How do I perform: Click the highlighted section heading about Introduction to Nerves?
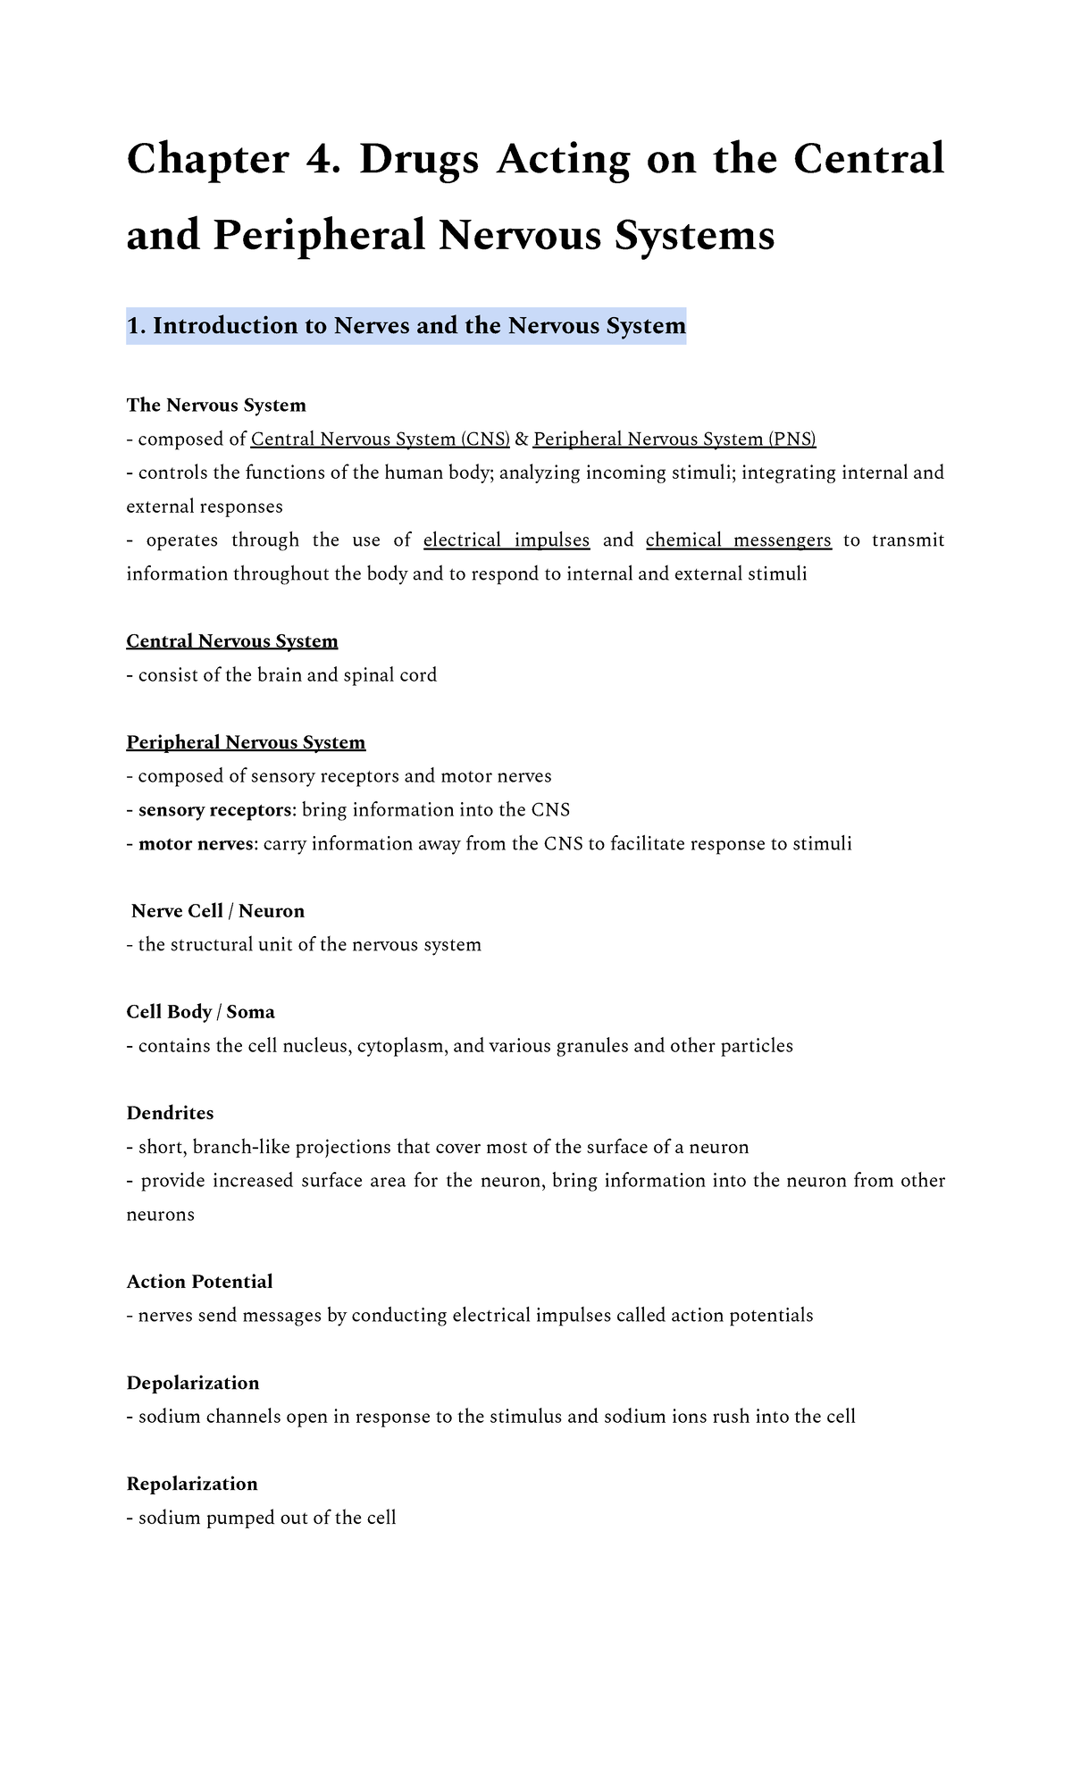pos(406,326)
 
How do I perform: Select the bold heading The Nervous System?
pos(216,406)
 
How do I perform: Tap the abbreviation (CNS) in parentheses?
pos(485,439)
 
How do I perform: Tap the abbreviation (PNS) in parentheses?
pos(792,439)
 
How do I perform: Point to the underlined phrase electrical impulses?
pos(506,540)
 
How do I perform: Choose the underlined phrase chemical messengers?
pos(738,540)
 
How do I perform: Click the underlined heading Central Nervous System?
pos(232,641)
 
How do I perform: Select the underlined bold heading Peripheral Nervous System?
pos(246,742)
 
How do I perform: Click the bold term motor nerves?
pos(196,844)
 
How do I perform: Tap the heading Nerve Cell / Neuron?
pos(217,911)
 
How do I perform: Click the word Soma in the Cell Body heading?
pos(250,1012)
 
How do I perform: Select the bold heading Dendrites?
pos(170,1113)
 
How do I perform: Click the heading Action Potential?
pos(199,1282)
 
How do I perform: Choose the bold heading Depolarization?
pos(193,1383)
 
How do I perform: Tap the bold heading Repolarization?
pos(192,1484)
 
